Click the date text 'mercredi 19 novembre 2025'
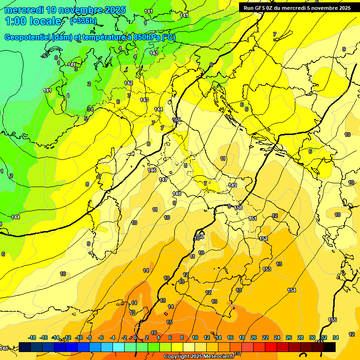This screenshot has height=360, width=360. point(65,10)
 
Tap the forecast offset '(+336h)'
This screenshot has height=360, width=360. point(83,21)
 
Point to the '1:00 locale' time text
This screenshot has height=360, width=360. point(33,21)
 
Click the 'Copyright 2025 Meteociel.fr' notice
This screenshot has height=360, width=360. point(199,357)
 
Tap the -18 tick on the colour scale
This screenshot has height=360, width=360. point(32,337)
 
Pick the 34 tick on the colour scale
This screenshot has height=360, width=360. point(336,337)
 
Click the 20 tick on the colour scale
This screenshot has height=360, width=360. point(254,337)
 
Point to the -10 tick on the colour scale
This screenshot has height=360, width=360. point(79,337)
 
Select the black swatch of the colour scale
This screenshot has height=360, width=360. point(329,347)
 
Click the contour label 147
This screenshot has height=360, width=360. point(163,180)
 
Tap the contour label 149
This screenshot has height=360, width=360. point(233,185)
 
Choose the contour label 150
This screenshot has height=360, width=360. point(239,208)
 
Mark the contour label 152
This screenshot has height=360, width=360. point(263,239)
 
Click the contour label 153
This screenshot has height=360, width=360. point(267,269)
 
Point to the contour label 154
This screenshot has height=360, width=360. point(292,291)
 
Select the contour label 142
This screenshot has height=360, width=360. point(129,83)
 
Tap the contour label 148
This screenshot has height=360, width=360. point(177,194)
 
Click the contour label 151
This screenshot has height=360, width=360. point(253,218)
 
